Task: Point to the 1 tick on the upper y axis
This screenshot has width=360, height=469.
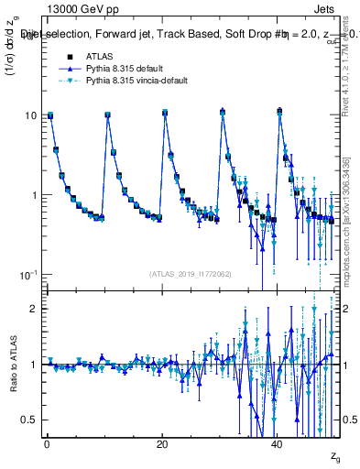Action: tap(33, 195)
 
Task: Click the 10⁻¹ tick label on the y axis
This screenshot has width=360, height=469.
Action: tap(28, 276)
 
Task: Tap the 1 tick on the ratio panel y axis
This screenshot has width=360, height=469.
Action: tap(33, 365)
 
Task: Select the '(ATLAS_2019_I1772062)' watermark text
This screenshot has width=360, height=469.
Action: tap(191, 274)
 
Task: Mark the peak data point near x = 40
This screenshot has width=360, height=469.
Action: tap(279, 111)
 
